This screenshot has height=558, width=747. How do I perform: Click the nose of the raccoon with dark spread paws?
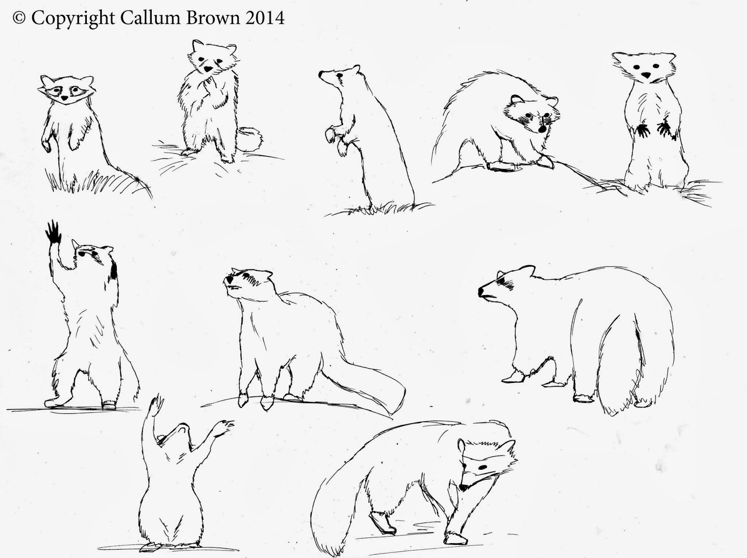[x=646, y=75]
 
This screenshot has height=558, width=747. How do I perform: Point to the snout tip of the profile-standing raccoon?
[x=321, y=74]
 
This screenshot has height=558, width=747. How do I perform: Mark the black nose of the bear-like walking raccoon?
[x=481, y=291]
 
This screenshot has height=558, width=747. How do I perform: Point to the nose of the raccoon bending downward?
[x=463, y=487]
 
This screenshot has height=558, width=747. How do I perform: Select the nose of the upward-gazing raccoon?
[x=228, y=279]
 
